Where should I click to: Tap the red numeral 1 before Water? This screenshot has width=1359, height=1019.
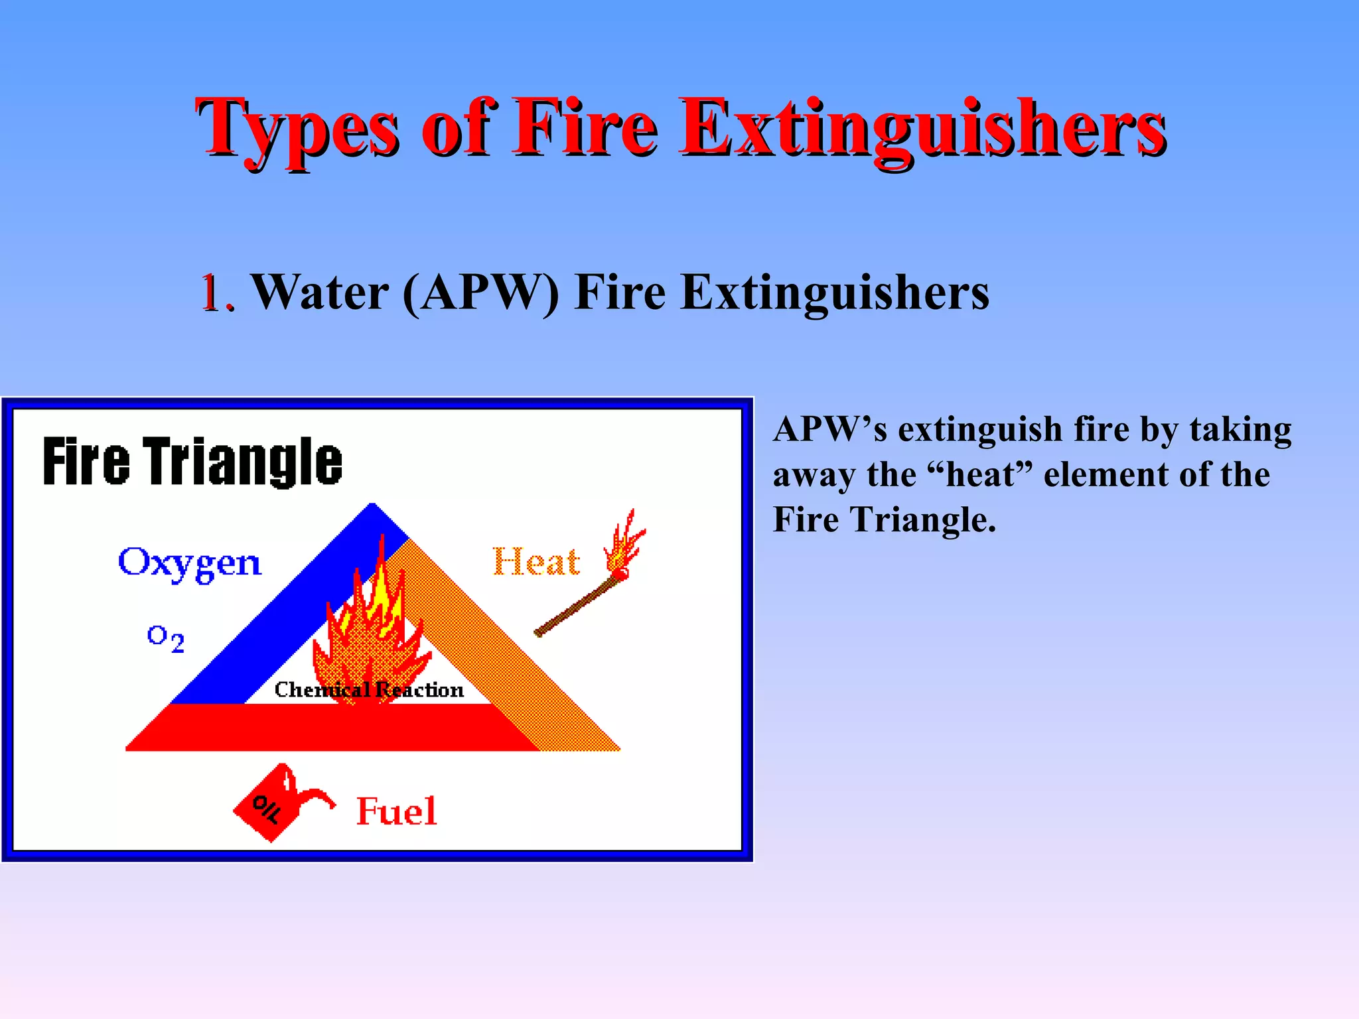coord(211,293)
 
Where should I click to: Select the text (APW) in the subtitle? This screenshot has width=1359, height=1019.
coord(480,293)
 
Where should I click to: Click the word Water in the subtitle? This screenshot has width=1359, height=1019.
coord(321,293)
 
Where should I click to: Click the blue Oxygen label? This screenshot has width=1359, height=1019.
coord(190,563)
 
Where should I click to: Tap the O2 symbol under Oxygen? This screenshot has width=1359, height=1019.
coord(165,638)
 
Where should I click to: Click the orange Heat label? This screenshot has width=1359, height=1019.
coord(536,563)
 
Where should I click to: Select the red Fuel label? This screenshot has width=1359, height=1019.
coord(396,811)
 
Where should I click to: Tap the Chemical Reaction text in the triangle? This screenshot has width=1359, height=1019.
coord(369,690)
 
